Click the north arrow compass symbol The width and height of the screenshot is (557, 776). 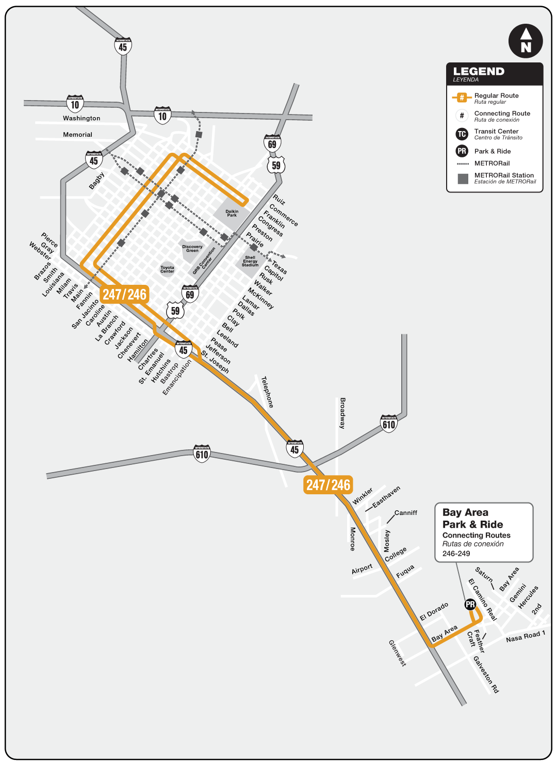pyautogui.click(x=526, y=41)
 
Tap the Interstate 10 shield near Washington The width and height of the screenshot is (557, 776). pyautogui.click(x=75, y=104)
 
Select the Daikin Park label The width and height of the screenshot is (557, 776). pyautogui.click(x=232, y=213)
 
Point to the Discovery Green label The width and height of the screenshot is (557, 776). pyautogui.click(x=192, y=249)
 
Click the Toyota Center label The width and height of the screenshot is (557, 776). pyautogui.click(x=168, y=269)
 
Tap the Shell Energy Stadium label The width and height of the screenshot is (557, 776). pyautogui.click(x=250, y=261)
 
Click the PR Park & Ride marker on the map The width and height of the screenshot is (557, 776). pyautogui.click(x=470, y=604)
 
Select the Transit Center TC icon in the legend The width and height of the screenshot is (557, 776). pyautogui.click(x=462, y=134)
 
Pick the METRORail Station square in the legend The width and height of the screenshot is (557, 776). pyautogui.click(x=463, y=179)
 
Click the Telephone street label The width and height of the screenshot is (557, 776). pyautogui.click(x=267, y=392)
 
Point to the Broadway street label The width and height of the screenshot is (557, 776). pyautogui.click(x=342, y=413)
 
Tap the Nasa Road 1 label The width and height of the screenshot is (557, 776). pyautogui.click(x=526, y=636)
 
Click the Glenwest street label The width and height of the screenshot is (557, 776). pyautogui.click(x=397, y=653)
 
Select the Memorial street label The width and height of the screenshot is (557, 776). pyautogui.click(x=78, y=135)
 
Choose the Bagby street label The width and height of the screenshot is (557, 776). pyautogui.click(x=96, y=181)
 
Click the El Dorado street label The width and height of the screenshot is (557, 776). pyautogui.click(x=434, y=611)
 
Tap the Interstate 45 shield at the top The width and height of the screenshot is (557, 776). pyautogui.click(x=123, y=46)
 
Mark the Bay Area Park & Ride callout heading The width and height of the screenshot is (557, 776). pyautogui.click(x=472, y=519)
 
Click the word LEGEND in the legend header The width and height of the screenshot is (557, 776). pyautogui.click(x=479, y=71)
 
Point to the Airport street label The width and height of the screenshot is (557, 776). pyautogui.click(x=362, y=569)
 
